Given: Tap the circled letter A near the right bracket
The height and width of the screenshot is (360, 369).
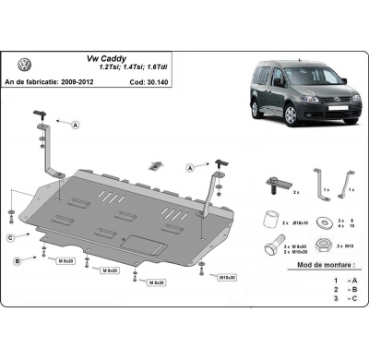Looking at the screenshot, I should pos(188,169).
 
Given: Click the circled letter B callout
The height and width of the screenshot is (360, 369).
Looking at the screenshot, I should pos(18,262).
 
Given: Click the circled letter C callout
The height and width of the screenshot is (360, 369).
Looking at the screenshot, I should pos(10,238).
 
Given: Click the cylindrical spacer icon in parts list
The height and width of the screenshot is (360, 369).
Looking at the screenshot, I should pos(270,220).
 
